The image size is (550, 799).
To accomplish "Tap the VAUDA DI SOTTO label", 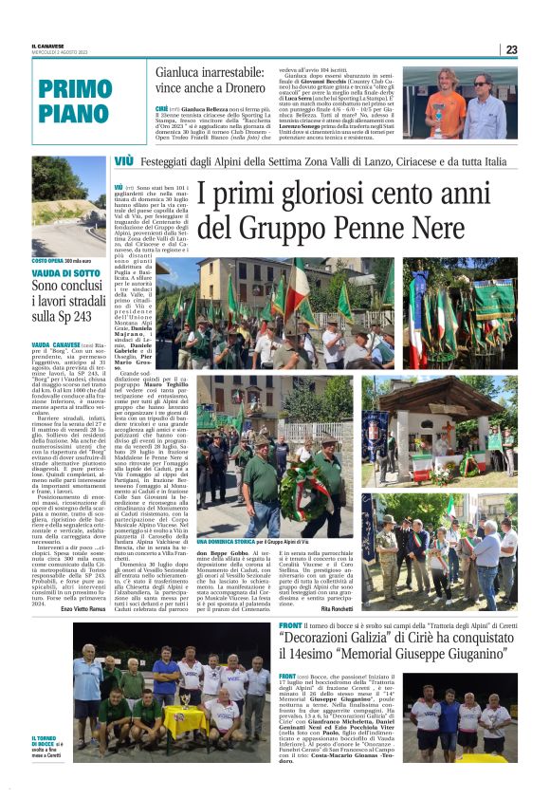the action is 66,273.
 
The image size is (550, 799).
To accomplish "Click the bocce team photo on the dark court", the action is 171,693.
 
